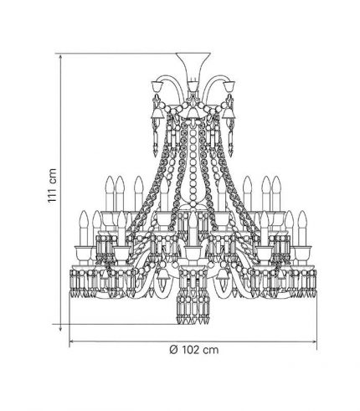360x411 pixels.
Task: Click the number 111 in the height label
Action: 52,193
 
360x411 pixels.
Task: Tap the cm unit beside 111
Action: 53,176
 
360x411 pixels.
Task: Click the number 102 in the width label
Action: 192,350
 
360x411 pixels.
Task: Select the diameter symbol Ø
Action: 173,350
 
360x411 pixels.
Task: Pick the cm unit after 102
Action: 211,350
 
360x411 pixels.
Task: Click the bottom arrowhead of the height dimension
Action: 60,329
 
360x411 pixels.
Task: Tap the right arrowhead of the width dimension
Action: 313,341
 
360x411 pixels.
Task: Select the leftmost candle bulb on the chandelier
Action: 84,219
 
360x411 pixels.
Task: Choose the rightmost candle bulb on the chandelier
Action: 302,219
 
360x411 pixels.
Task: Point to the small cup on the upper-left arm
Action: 157,85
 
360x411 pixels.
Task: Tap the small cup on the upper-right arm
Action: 229,85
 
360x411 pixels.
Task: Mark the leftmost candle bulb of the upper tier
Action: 110,184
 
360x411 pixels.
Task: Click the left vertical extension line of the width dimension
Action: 69,320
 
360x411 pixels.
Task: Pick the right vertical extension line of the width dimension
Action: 317,321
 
